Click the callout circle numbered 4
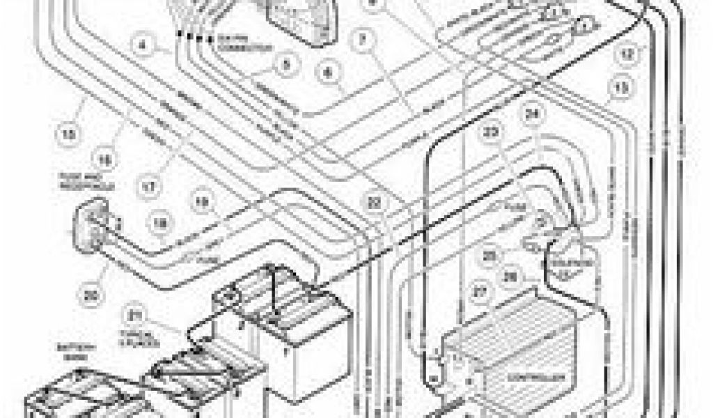tap(143, 47)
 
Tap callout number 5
tap(285, 67)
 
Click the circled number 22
tap(376, 203)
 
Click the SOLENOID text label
tap(579, 264)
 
